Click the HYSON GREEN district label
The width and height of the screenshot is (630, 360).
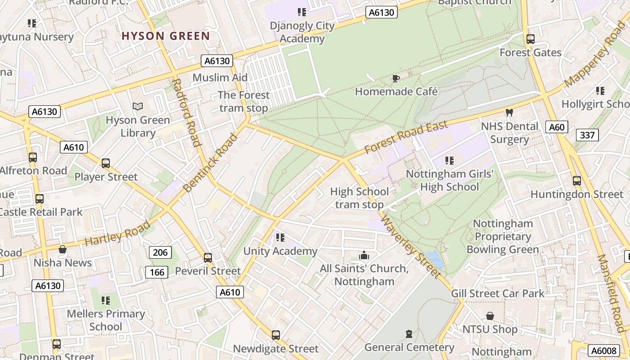[166, 36]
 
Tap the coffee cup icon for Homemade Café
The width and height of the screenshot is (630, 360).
[396, 79]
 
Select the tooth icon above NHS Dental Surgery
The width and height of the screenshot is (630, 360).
[509, 112]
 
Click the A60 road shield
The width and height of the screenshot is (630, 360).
[557, 127]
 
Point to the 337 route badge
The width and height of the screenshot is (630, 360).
[587, 135]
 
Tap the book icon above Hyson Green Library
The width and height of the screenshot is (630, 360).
[138, 107]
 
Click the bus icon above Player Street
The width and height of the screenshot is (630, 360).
[106, 163]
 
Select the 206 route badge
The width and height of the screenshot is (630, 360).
[160, 252]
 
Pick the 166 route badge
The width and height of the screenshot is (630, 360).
[157, 272]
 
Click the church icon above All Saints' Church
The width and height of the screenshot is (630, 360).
[364, 256]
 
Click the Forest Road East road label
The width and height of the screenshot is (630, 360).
[406, 137]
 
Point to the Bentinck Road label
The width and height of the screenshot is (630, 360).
[210, 163]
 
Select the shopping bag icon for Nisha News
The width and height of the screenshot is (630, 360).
[63, 249]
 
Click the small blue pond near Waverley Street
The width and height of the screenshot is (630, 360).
[435, 259]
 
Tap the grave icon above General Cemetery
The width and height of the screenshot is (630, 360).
[409, 334]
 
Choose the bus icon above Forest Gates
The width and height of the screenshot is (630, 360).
[531, 39]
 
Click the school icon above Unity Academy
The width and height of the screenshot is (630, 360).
[280, 237]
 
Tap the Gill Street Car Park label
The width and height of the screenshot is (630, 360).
[498, 294]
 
